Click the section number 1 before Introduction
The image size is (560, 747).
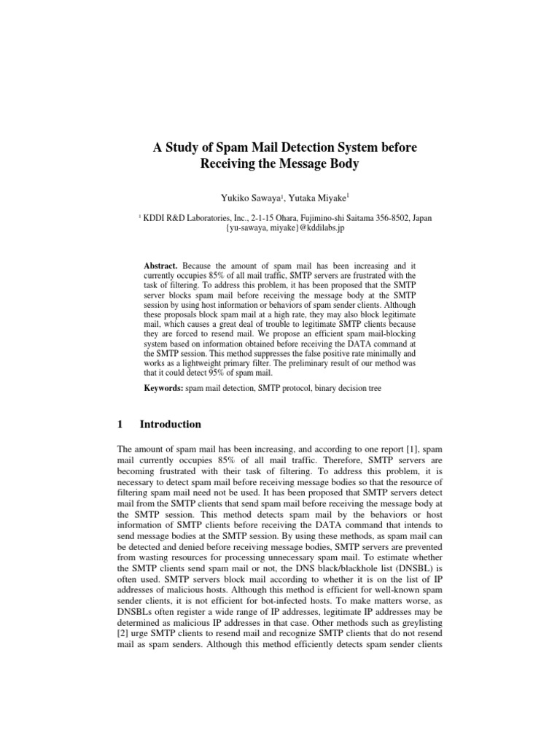click(120, 425)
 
